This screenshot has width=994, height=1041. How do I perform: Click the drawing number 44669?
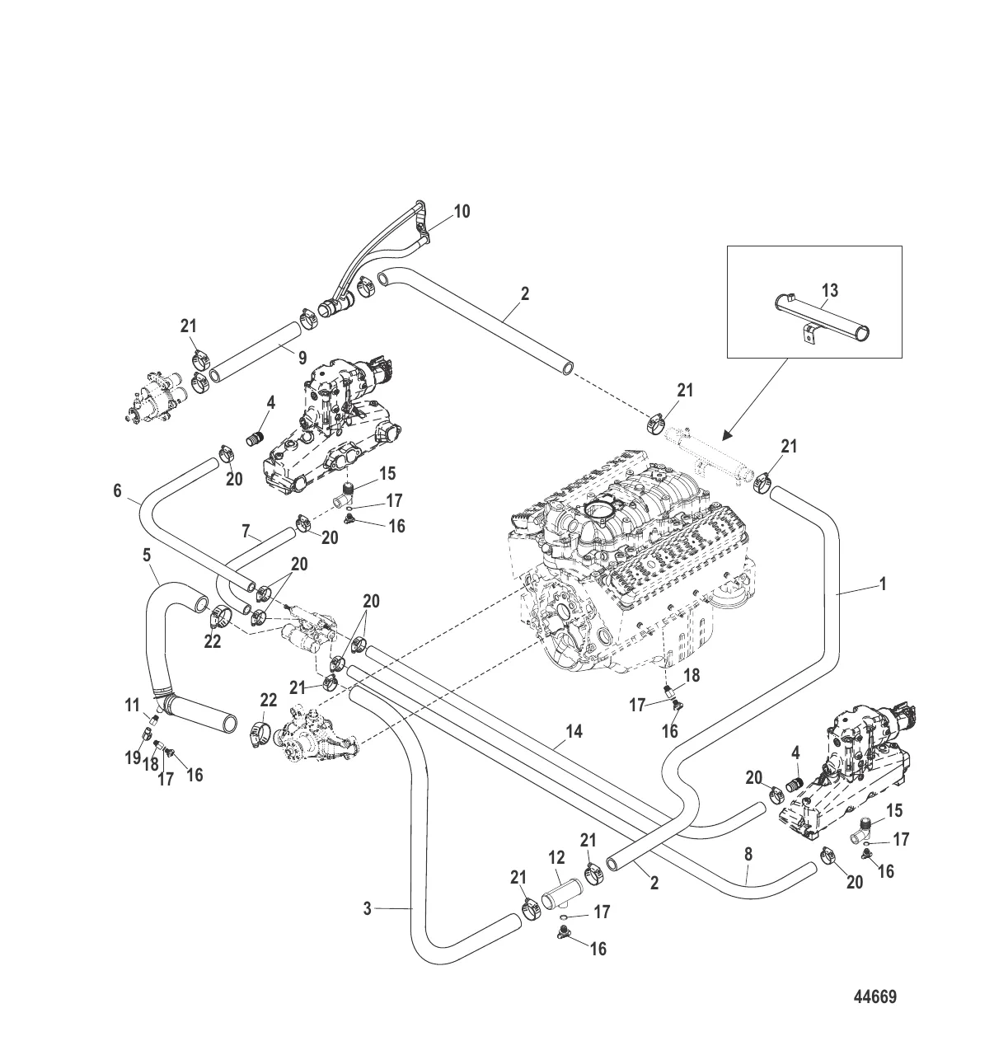(874, 996)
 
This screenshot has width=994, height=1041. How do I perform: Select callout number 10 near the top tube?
(462, 212)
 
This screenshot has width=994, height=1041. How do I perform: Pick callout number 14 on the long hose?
(574, 731)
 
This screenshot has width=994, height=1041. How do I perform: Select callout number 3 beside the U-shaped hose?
(368, 908)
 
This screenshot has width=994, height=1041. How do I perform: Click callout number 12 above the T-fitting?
(556, 858)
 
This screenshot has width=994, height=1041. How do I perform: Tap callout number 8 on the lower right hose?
(748, 855)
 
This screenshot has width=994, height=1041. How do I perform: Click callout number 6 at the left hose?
(117, 491)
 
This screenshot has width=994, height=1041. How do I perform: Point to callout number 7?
(246, 531)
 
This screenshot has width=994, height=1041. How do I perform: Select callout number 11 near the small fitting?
(132, 706)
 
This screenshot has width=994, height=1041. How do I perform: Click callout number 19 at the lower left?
(133, 758)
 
